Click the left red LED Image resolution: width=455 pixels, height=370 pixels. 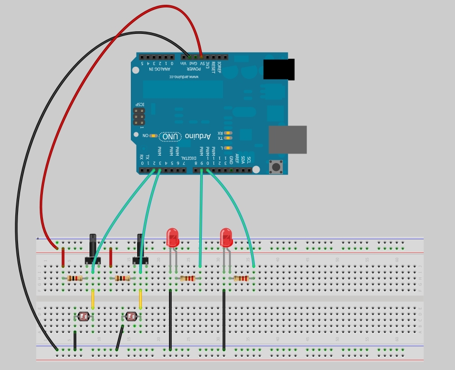coord(172,238)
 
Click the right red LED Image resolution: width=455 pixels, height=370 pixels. coord(226,238)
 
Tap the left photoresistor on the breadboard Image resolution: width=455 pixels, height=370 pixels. coord(83,317)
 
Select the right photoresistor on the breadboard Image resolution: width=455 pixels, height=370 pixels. coord(131,317)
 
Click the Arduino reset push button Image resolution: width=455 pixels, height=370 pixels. coord(276,167)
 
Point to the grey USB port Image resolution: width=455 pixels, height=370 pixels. coord(288,140)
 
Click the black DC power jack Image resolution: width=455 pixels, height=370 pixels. coord(279,69)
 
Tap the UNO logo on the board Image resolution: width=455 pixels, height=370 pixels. coord(171,137)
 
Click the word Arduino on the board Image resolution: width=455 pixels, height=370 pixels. coord(198,137)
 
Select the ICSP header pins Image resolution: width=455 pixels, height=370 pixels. coord(139,117)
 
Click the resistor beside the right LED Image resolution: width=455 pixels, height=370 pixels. coord(241,278)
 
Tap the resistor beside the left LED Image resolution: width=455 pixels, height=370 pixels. coord(188,278)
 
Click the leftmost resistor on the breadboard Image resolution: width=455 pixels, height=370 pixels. coord(75,278)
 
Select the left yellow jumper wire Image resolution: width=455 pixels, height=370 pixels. coord(93,299)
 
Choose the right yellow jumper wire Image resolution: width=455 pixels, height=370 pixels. coord(140,299)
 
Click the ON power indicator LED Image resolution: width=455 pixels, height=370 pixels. coord(153,136)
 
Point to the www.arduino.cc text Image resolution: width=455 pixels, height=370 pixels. coord(184,77)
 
